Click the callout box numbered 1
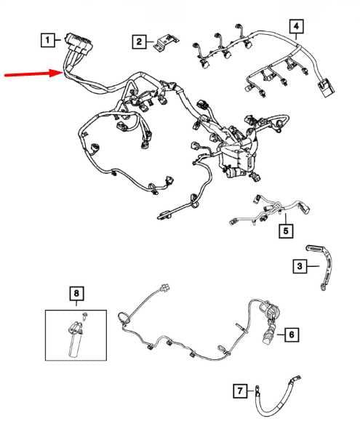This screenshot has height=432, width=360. (48, 40)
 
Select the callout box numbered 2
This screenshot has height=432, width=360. (139, 42)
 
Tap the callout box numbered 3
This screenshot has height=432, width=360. (300, 266)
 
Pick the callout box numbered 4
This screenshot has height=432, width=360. (296, 26)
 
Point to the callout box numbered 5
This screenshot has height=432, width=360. (286, 231)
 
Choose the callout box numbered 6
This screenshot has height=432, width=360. (292, 335)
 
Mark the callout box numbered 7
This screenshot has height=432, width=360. (240, 391)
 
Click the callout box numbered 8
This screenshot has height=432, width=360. (76, 293)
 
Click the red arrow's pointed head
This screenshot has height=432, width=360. (61, 73)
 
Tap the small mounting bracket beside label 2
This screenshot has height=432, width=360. (166, 42)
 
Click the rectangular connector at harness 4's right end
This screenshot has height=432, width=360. (326, 88)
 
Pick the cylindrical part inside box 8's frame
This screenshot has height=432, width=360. (76, 340)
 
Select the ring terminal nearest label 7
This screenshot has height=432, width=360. (257, 389)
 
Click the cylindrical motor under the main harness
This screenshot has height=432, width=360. (233, 172)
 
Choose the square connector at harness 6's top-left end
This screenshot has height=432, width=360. (166, 287)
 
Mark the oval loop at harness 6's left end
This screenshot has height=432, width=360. (124, 319)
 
